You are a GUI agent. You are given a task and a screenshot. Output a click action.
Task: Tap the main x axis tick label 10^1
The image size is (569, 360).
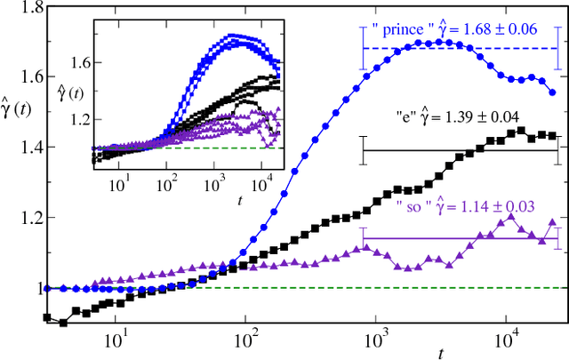click(113, 340)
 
